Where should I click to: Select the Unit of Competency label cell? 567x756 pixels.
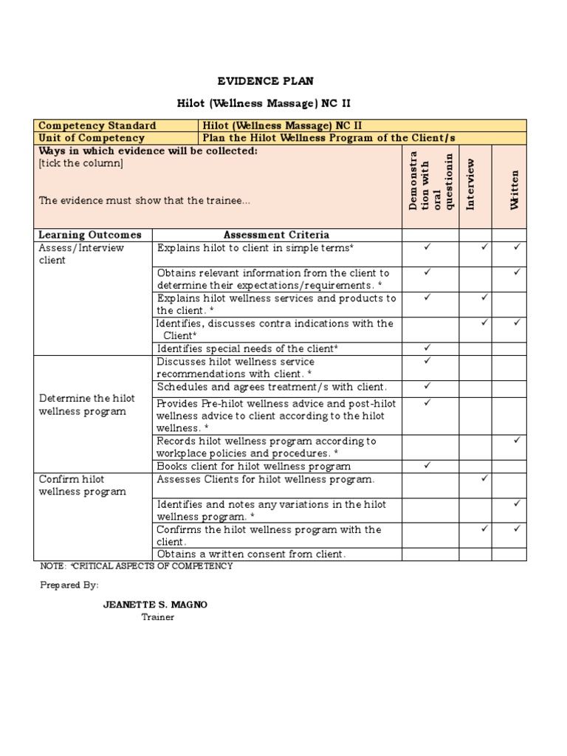point(92,138)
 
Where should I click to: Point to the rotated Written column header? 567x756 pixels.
point(515,189)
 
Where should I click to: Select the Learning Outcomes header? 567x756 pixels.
point(90,235)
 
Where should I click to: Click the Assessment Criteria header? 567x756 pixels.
point(276,235)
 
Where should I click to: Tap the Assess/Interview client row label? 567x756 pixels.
point(81,254)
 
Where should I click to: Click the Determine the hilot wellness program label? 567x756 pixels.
point(86,405)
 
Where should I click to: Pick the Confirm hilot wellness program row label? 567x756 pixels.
point(82,485)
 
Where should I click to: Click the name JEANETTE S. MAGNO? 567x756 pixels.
point(155,605)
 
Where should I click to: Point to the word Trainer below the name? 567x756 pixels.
point(157,616)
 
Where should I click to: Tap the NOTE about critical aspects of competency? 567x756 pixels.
point(137,566)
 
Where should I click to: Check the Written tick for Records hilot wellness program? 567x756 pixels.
point(517,440)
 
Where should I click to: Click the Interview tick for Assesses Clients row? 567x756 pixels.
point(484,478)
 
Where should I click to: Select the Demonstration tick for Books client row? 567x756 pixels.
point(427,466)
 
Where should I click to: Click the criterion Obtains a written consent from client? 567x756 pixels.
point(251,554)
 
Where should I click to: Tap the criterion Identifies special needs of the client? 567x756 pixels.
point(247,348)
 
